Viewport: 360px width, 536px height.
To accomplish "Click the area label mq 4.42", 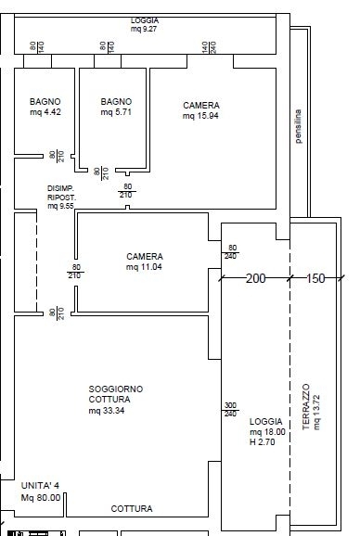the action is click(x=45, y=112).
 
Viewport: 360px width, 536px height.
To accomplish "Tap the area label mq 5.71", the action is click(x=116, y=112).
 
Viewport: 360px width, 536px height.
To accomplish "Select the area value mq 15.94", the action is click(x=200, y=116).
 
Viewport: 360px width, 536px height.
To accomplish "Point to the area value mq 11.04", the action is click(x=144, y=267).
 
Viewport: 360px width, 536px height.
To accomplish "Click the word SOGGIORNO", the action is click(x=116, y=389).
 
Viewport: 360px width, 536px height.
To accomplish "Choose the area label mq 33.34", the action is click(x=107, y=411).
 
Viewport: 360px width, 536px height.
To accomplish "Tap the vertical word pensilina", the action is click(x=298, y=126).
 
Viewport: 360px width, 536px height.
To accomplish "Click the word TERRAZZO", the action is click(x=306, y=407).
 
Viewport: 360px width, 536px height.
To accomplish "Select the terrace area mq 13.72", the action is click(x=316, y=413).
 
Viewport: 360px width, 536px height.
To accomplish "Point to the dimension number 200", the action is click(x=256, y=278).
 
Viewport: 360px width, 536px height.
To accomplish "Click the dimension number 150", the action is click(x=315, y=278).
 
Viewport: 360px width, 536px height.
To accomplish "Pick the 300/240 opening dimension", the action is click(x=230, y=410).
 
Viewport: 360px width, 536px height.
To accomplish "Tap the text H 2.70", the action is click(x=262, y=442).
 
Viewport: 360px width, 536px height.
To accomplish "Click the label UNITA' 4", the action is click(x=40, y=485).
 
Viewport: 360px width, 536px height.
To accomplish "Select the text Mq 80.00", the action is click(x=41, y=498).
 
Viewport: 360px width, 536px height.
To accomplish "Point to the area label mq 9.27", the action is click(x=144, y=29).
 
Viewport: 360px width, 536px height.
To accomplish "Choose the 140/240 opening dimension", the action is click(x=209, y=47).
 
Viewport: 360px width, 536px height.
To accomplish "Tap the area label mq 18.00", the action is click(x=267, y=432).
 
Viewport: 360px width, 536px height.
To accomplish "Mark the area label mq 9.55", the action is click(x=60, y=206).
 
